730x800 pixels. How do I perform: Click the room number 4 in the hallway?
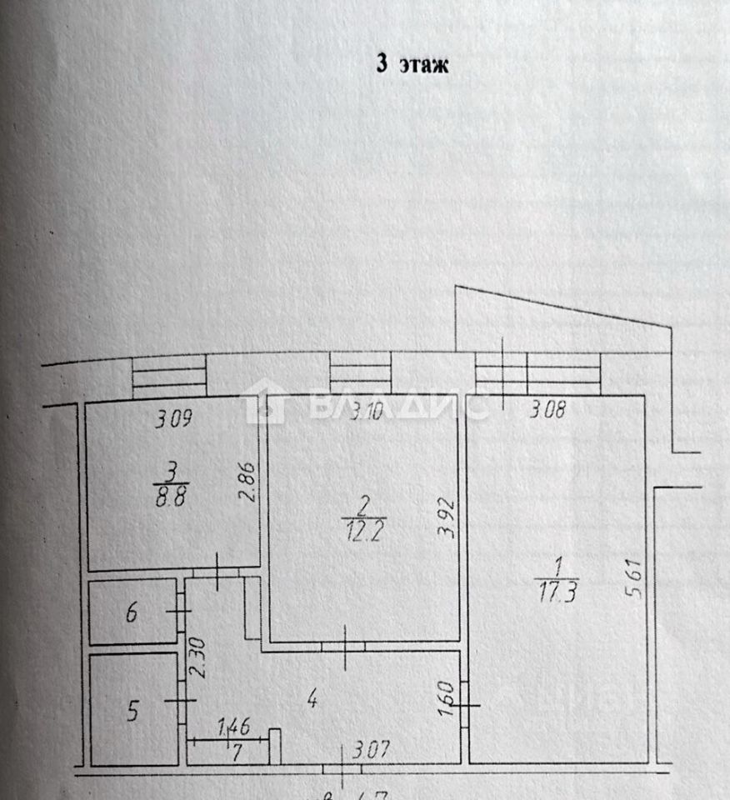click(312, 700)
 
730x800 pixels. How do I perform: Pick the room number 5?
click(132, 711)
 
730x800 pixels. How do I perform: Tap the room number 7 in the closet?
click(237, 753)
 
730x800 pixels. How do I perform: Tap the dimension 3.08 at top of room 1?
click(549, 410)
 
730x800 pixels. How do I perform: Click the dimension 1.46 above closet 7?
click(233, 727)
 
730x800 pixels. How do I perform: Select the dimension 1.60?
click(445, 698)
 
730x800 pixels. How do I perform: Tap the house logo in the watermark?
click(264, 399)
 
